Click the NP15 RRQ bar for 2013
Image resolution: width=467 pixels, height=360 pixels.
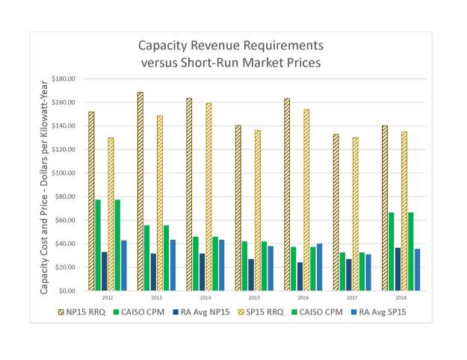click(x=140, y=191)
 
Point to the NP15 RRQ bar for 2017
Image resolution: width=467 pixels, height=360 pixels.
click(x=336, y=212)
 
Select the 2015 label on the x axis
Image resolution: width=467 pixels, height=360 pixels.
click(x=255, y=297)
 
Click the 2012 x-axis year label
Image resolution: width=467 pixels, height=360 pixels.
click(x=108, y=297)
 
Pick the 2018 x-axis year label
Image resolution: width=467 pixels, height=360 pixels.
click(x=401, y=297)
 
